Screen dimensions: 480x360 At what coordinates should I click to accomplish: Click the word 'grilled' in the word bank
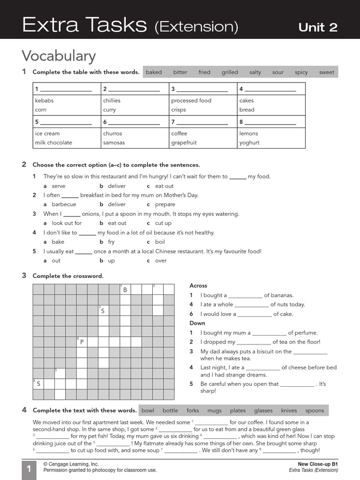[230, 72]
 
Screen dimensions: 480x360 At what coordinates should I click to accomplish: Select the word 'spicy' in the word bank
[301, 72]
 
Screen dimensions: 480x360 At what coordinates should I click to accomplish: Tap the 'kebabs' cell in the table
[44, 100]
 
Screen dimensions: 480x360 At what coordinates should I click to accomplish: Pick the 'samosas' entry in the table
[114, 142]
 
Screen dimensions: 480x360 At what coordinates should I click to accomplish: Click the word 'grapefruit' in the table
[184, 142]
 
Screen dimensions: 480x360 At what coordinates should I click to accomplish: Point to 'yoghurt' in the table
[249, 142]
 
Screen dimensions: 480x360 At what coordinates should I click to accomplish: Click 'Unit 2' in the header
[318, 27]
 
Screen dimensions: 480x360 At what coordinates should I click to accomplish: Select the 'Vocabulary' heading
[59, 56]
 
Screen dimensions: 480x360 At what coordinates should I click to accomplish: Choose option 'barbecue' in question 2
[64, 204]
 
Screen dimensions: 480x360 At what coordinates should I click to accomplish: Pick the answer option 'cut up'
[163, 223]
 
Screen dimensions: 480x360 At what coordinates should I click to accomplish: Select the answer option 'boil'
[160, 242]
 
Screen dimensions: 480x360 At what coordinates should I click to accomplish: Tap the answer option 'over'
[161, 261]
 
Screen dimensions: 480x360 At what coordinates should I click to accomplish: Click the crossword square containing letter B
[125, 290]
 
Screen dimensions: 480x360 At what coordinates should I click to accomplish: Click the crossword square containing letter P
[82, 342]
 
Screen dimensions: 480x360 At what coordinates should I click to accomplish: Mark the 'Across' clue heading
[198, 285]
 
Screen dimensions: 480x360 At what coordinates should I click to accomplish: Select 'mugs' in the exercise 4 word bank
[214, 411]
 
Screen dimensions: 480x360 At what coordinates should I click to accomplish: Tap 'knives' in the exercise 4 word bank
[289, 411]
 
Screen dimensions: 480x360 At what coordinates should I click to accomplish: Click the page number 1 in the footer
[29, 470]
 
